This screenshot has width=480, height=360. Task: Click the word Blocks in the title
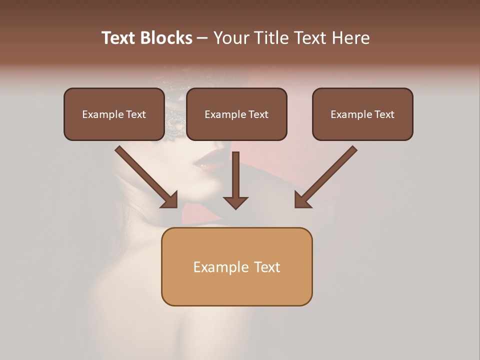(x=167, y=38)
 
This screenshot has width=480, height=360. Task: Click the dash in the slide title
(x=202, y=38)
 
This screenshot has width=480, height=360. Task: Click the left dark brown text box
(x=114, y=114)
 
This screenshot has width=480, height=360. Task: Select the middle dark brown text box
(x=236, y=114)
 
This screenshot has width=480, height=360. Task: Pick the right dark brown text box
(x=362, y=114)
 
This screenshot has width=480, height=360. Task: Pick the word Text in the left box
(x=136, y=114)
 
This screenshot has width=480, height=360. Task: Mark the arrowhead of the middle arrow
(x=235, y=202)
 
